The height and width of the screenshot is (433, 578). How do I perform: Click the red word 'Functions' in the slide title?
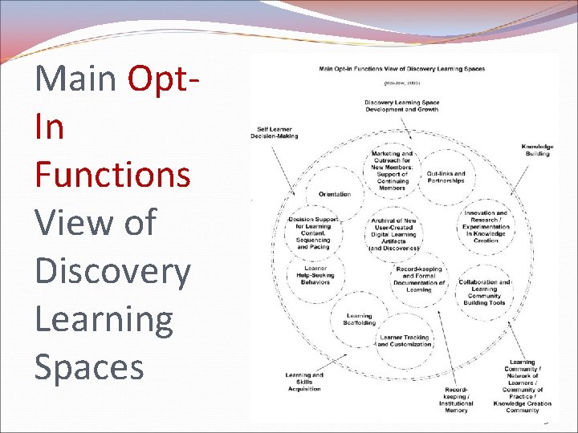(x=112, y=173)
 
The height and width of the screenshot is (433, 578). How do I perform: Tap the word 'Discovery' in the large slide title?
(x=112, y=271)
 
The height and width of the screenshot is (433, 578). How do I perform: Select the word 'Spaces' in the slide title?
(x=89, y=366)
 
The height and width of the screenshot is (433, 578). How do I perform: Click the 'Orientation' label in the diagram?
(x=334, y=194)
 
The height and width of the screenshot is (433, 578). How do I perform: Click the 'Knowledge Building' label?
(x=537, y=150)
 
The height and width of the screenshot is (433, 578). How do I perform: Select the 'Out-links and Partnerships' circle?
(x=446, y=177)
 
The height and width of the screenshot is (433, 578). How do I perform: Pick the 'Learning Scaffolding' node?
(x=359, y=319)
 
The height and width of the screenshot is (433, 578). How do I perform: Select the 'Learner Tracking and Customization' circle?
(x=404, y=341)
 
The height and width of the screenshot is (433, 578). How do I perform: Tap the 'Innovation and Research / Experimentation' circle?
(x=486, y=226)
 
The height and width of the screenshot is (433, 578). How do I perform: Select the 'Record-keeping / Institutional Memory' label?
(x=455, y=399)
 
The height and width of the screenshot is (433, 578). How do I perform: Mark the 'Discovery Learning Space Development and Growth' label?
(x=401, y=106)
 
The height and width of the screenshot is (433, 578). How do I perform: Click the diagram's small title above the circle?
(x=401, y=69)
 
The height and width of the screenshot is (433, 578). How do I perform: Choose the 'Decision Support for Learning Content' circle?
(x=314, y=233)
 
